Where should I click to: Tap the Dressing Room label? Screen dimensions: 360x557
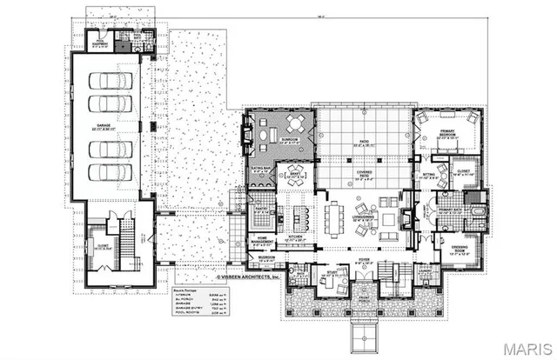[x=461, y=250]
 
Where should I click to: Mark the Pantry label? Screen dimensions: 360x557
[x=259, y=210]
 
